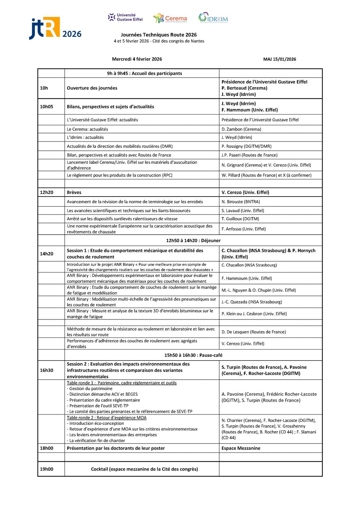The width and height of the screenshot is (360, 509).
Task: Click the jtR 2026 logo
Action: [x=55, y=28]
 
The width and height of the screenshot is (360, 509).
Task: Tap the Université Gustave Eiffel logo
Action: [x=125, y=17]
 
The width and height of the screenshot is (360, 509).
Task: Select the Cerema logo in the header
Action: [x=170, y=18]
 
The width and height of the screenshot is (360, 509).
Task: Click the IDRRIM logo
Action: [x=213, y=18]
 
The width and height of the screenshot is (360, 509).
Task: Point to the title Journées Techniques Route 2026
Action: [x=159, y=35]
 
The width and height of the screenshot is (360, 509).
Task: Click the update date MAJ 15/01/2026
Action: [x=279, y=59]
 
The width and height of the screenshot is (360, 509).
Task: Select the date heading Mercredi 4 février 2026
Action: [x=137, y=59]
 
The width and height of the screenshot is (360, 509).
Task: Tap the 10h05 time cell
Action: [x=46, y=107]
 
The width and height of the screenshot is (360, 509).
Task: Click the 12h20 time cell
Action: [x=46, y=192]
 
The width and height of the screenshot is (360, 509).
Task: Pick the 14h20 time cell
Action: [x=46, y=254]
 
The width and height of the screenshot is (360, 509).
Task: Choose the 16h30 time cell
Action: [x=46, y=370]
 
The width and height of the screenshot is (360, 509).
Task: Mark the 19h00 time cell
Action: [x=46, y=469]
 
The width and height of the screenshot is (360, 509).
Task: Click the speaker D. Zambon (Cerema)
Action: [x=241, y=129]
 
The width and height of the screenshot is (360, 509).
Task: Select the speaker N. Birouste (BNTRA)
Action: [x=240, y=202]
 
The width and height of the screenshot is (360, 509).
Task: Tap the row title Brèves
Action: [x=74, y=192]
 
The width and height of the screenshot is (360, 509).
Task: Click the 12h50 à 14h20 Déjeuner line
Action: [x=193, y=240]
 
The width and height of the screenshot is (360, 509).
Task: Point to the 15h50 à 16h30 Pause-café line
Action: [x=193, y=355]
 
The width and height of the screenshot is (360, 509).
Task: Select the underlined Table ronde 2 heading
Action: [x=107, y=418]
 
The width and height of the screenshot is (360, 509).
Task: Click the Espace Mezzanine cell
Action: [x=241, y=448]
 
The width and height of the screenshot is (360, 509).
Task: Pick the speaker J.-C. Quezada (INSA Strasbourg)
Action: [x=251, y=302]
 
